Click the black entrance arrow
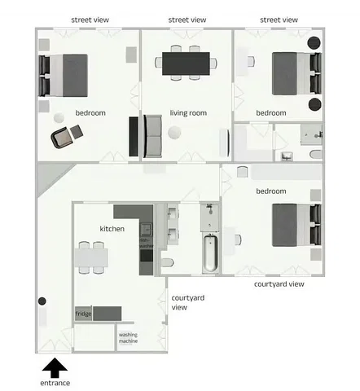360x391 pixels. pos(55,367)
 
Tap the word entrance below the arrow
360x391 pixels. pos(55,383)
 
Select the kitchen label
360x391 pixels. pos(112,229)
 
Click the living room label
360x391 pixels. pos(186,112)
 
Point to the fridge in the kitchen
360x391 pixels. pos(84,314)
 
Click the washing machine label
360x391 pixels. pos(128,337)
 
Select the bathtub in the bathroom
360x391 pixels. pos(210,253)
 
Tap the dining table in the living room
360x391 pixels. pos(187,61)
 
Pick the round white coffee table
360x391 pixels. pos(174,134)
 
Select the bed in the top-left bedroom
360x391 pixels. pos(62,75)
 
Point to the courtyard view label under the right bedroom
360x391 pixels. pos(279,283)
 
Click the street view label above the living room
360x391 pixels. pos(187,19)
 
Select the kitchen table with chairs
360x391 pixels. pos(90,258)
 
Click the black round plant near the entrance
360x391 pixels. pos(42,302)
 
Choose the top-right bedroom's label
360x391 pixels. pos(271,112)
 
